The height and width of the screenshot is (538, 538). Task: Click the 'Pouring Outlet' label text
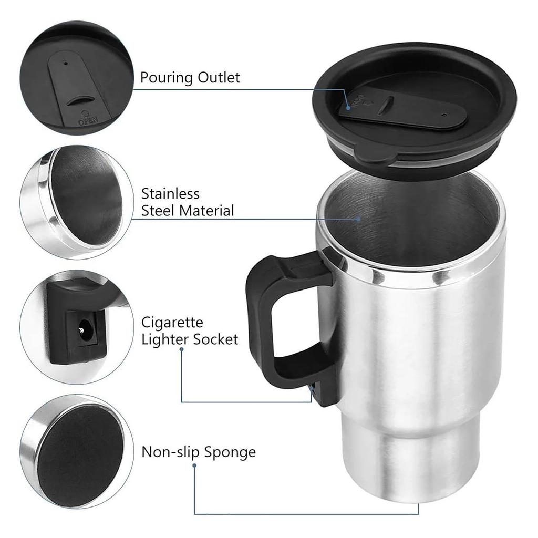(x=190, y=78)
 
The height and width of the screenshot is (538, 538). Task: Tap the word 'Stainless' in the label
(x=170, y=193)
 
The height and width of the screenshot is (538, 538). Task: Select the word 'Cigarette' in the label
(x=172, y=322)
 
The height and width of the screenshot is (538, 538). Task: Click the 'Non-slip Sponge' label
(x=199, y=452)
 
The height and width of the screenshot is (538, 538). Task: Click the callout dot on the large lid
(x=348, y=107)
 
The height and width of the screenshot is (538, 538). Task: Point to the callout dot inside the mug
(x=359, y=218)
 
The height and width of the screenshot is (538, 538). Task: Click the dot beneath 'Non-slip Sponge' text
(x=194, y=465)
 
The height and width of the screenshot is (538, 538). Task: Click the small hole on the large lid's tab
(x=445, y=113)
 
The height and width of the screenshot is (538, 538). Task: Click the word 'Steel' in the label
(x=159, y=211)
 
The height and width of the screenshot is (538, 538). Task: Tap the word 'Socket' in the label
(x=215, y=339)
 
